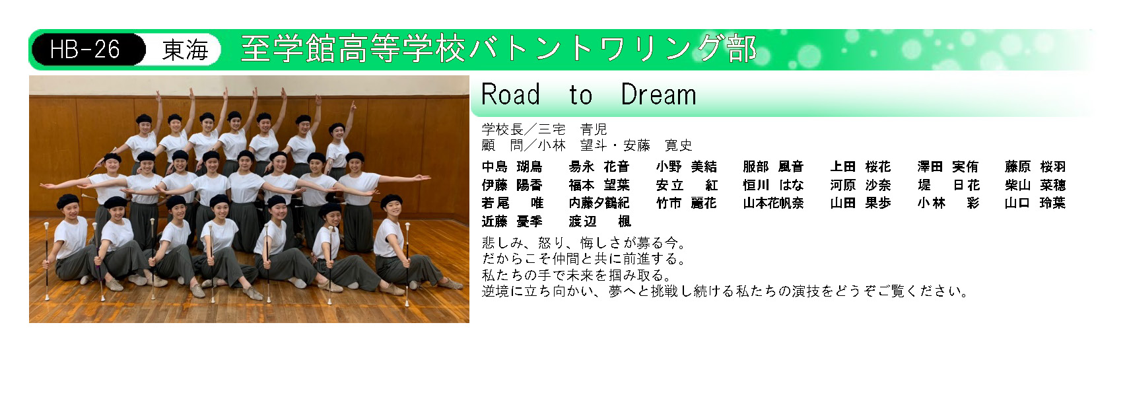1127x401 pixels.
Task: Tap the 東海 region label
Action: point(185,50)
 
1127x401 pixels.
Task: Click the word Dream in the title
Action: point(659,94)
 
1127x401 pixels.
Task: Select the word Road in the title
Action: point(510,94)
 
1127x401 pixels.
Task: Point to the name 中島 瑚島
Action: point(512,166)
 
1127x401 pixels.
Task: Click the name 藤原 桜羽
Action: point(1035,166)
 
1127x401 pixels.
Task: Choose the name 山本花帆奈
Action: point(773,203)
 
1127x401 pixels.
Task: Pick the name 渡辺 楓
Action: point(599,221)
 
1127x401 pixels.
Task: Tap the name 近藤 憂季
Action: point(512,221)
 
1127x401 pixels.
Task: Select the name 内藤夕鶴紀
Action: point(599,203)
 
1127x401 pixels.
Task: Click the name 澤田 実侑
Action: point(948,166)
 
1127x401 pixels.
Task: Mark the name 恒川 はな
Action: point(773,185)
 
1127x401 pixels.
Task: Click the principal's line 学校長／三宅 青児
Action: point(544,129)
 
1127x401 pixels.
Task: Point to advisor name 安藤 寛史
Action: point(658,145)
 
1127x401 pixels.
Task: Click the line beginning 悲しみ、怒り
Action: point(584,243)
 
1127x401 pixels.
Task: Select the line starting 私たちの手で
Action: point(576,275)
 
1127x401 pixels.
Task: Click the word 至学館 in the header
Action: point(288,50)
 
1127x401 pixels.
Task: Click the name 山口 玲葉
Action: point(1035,203)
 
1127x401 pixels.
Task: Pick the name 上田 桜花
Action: point(860,166)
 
